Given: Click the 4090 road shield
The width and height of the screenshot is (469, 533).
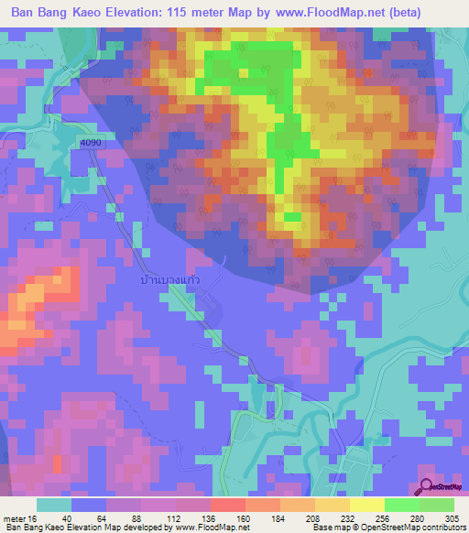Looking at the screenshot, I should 90,143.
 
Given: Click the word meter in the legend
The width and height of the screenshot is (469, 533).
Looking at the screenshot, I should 13,518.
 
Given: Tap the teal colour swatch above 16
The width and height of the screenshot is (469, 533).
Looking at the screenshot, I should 54,505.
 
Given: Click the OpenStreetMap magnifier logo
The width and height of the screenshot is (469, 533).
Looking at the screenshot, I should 426,487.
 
